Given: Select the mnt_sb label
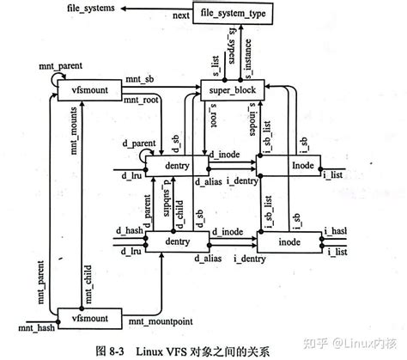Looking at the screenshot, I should pos(141,80).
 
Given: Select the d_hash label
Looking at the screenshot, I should pos(128,229).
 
